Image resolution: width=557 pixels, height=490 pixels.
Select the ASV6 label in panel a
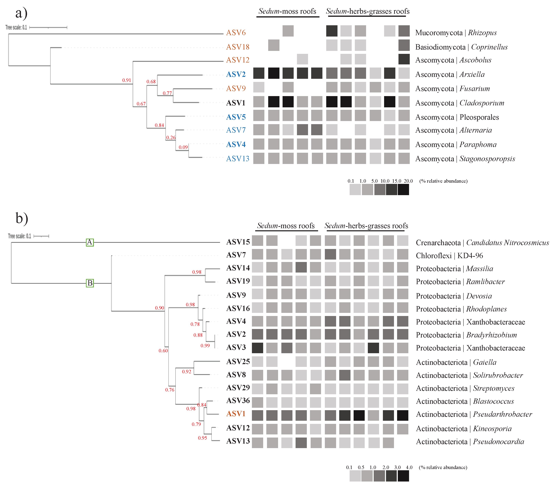[x=236, y=33]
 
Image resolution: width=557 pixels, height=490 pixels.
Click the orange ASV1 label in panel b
[x=236, y=414]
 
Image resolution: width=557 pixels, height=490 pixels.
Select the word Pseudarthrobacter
[x=502, y=414]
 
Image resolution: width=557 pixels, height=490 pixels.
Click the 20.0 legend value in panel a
[x=408, y=181]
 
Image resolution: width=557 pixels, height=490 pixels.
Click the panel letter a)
[x=21, y=13]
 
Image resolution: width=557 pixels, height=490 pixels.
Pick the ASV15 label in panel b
[x=238, y=242]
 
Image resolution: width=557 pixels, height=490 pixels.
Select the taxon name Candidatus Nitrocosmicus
[x=507, y=243]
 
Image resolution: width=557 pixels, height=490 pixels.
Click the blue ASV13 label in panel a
[x=238, y=159]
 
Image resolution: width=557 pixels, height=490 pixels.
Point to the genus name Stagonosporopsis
[x=487, y=159]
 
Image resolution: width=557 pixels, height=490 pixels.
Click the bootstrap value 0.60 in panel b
[x=163, y=351]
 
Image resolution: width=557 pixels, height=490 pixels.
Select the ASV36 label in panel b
[x=238, y=401]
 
